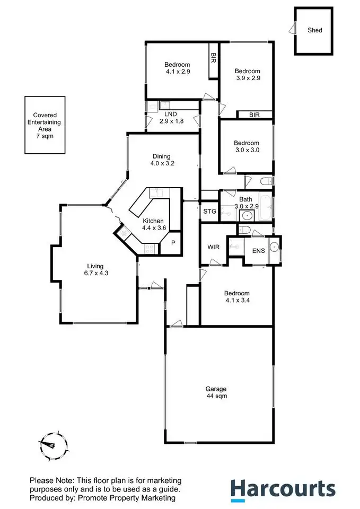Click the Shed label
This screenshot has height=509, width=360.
coord(315,30)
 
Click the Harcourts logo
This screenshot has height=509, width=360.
coord(282,488)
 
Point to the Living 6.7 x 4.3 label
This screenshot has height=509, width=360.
coord(95,269)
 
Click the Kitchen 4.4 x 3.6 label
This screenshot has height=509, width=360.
coord(153,224)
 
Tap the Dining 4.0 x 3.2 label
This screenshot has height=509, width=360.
coord(161,160)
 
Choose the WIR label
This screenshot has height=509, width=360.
coord(214,247)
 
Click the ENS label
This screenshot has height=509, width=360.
coord(258,251)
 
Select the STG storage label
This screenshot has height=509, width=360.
coord(210,212)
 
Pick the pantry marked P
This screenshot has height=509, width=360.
coord(172,244)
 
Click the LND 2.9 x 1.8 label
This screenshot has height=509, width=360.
coord(170,118)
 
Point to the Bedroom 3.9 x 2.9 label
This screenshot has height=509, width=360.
coord(247,74)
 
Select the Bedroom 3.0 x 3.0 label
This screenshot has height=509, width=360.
coord(247,146)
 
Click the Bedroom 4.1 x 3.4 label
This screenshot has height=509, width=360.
coord(236,297)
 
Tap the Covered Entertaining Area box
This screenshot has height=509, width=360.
coord(45,125)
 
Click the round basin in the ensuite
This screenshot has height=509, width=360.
coord(275,247)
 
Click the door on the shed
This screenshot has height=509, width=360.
coord(292,31)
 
